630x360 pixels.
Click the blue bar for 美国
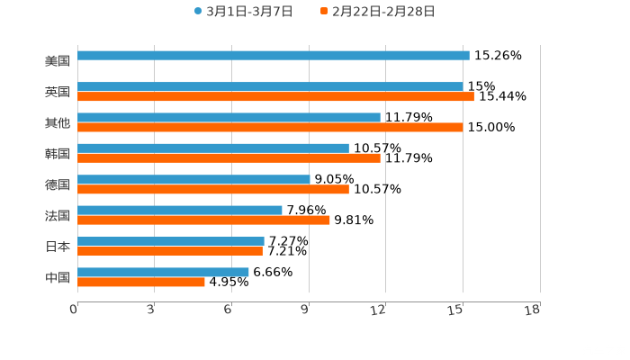pyautogui.click(x=274, y=56)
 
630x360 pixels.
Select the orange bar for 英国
pyautogui.click(x=275, y=97)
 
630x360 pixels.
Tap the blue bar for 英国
pyautogui.click(x=270, y=87)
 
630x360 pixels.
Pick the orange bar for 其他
pyautogui.click(x=270, y=128)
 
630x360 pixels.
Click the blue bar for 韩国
pyautogui.click(x=213, y=148)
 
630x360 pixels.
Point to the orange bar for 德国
pyautogui.click(x=213, y=190)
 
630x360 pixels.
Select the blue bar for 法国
pyautogui.click(x=180, y=211)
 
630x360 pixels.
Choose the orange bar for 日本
pyautogui.click(x=170, y=251)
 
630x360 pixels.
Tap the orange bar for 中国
pyautogui.click(x=141, y=282)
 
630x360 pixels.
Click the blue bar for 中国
pyautogui.click(x=163, y=272)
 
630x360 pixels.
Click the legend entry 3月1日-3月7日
pyautogui.click(x=244, y=12)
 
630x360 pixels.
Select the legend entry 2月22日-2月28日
pyautogui.click(x=377, y=12)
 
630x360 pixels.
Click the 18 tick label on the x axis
pyautogui.click(x=533, y=310)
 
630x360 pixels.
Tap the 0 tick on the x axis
pyautogui.click(x=74, y=310)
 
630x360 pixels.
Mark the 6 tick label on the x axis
pyautogui.click(x=229, y=310)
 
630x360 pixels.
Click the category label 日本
pyautogui.click(x=58, y=246)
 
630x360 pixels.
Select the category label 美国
pyautogui.click(x=58, y=61)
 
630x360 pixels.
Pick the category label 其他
pyautogui.click(x=58, y=122)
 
